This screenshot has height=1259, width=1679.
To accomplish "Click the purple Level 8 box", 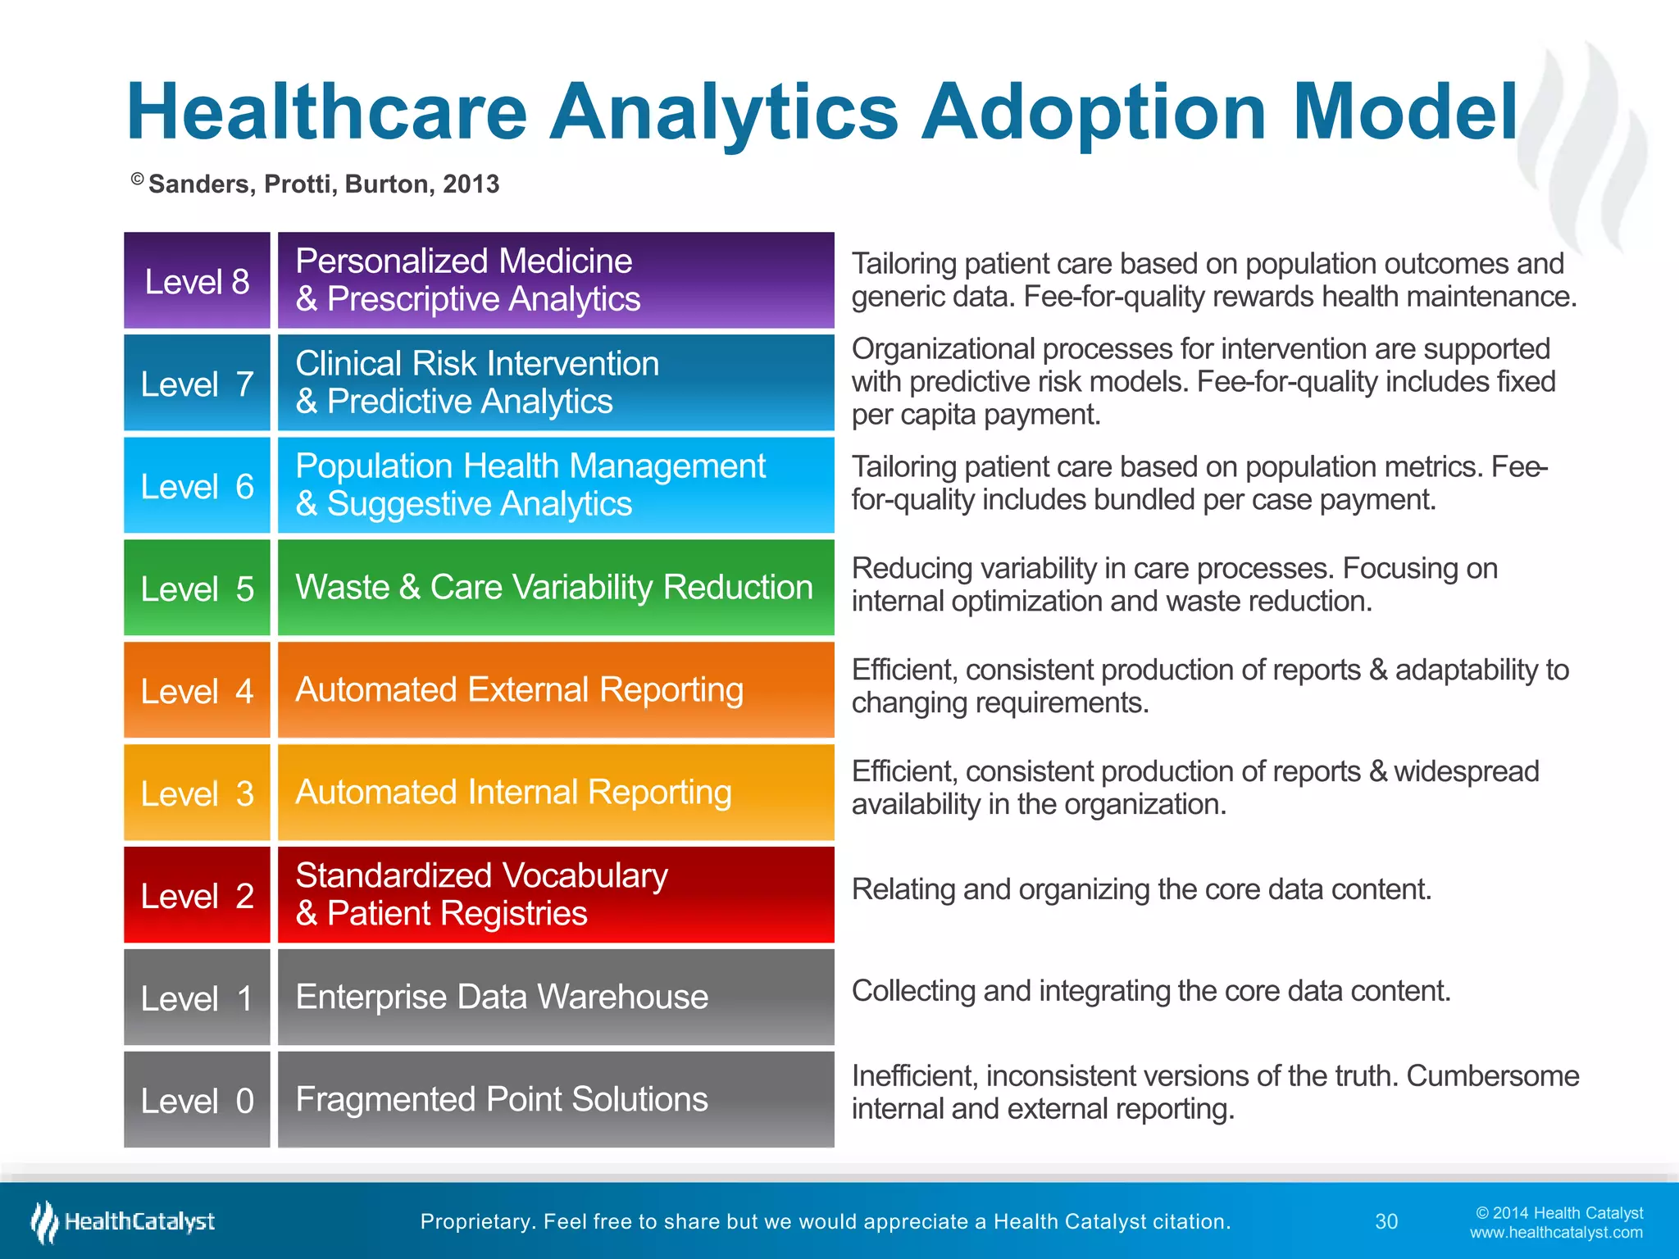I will tap(197, 280).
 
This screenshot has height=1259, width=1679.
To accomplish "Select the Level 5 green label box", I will tap(197, 588).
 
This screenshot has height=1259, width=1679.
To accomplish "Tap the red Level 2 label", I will tap(197, 895).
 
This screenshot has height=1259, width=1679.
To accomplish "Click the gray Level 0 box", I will tap(197, 1100).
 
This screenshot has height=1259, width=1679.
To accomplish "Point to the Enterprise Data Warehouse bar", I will tap(556, 997).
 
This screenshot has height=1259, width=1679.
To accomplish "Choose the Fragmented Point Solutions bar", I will tap(556, 1099).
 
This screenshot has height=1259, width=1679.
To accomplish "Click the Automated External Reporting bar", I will tap(556, 689).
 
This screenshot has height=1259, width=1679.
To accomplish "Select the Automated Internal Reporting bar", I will tap(556, 792).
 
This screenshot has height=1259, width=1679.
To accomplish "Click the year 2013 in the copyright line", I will tap(471, 184).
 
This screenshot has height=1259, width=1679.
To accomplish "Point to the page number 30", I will tap(1386, 1221).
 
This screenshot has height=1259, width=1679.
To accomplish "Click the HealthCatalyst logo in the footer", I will tap(123, 1221).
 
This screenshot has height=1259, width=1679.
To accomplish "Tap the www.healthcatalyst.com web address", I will tap(1555, 1233).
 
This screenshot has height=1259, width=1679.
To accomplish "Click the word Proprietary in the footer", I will tap(474, 1221).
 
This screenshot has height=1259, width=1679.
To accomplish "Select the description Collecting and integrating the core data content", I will tap(1151, 991).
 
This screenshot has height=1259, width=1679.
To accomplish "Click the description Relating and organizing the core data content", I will tap(1141, 889).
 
